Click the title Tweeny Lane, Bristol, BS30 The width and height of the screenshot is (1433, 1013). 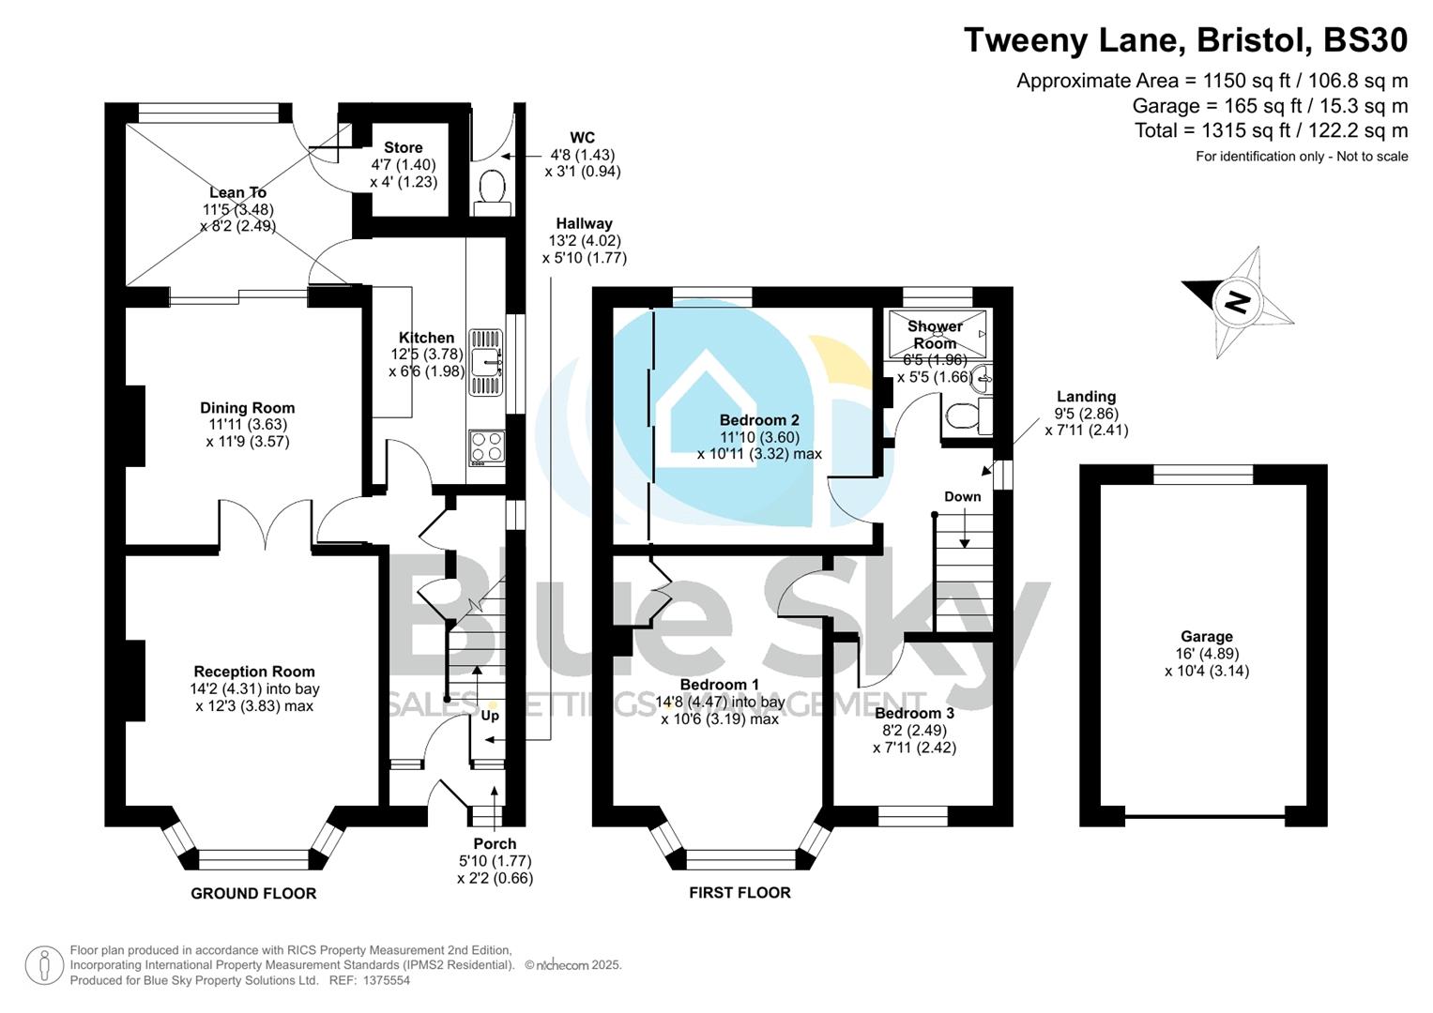click(1185, 40)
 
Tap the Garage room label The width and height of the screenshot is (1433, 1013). click(1206, 636)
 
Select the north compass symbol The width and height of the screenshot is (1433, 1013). click(1238, 302)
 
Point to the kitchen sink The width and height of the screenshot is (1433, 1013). click(486, 360)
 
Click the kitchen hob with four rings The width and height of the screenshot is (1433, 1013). click(486, 446)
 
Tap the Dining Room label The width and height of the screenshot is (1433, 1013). click(247, 408)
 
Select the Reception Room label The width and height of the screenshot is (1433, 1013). click(254, 672)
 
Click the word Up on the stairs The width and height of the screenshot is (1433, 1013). click(490, 716)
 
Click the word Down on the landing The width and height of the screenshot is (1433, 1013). click(962, 497)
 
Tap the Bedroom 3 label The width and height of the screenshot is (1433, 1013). click(914, 713)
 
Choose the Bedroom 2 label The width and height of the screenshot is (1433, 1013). click(759, 420)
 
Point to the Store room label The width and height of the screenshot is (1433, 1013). click(403, 147)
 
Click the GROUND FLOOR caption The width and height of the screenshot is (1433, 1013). click(253, 893)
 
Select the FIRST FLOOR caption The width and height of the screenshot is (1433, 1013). click(739, 893)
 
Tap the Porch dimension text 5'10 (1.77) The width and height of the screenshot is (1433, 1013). click(495, 861)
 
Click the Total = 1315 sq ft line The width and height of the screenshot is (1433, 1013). click(1271, 130)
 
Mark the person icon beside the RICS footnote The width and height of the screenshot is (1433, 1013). click(44, 965)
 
